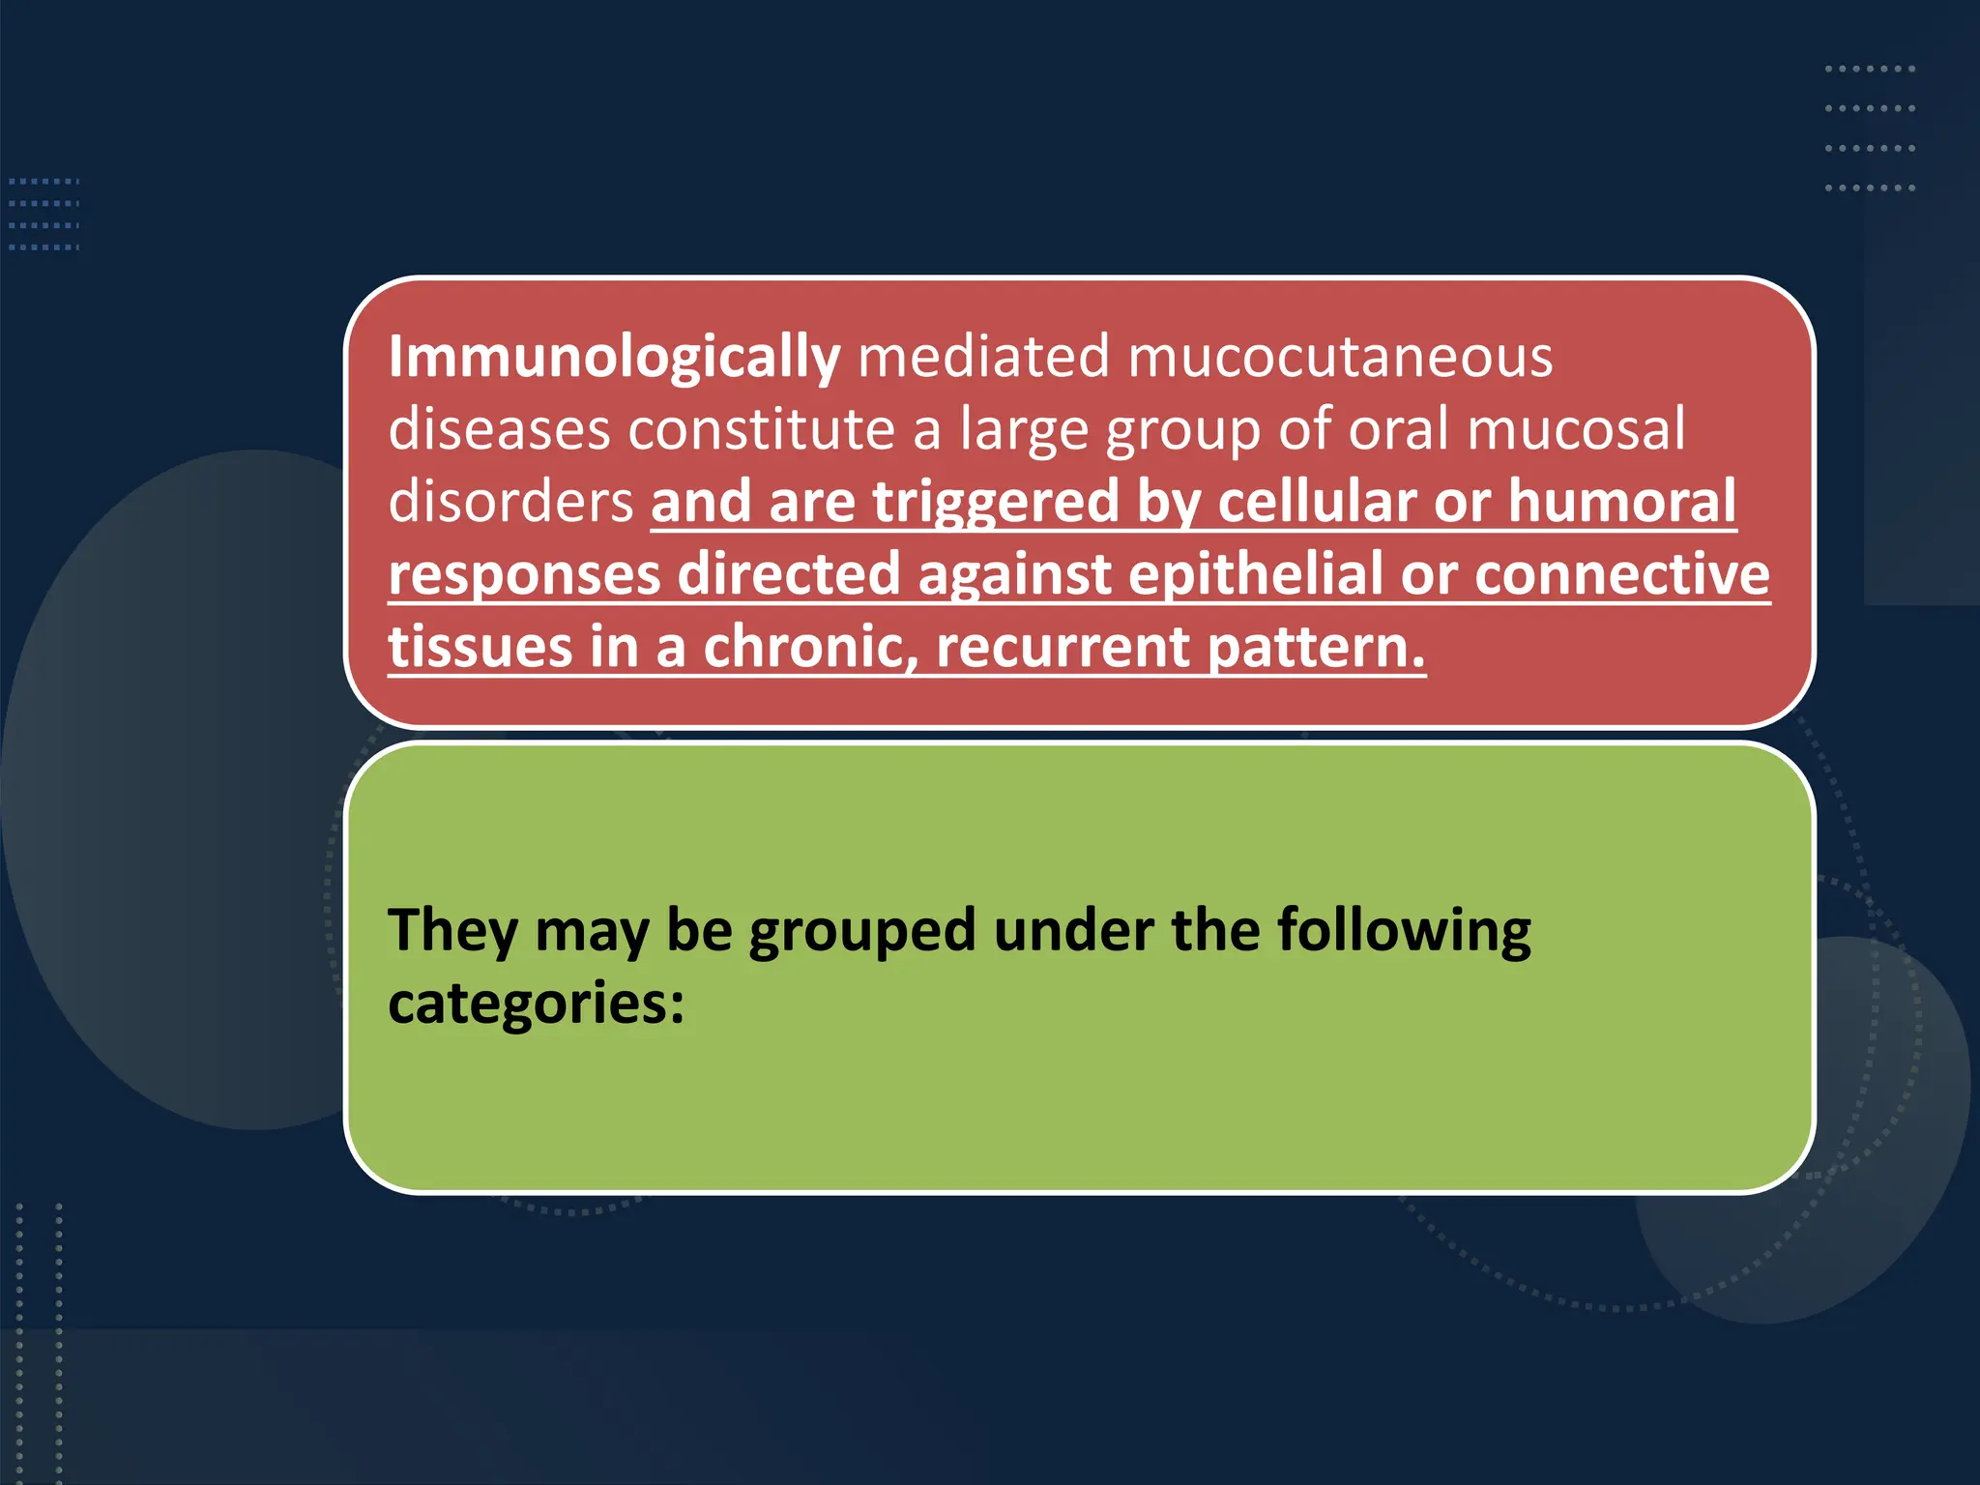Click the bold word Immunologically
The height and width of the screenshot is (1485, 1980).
tap(614, 358)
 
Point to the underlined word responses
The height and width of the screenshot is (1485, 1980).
tap(524, 575)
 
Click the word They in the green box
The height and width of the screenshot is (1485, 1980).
tap(452, 931)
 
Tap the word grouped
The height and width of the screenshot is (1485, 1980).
tap(861, 931)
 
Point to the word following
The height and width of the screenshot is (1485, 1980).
tap(1404, 931)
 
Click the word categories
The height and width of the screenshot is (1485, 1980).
tap(535, 1003)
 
